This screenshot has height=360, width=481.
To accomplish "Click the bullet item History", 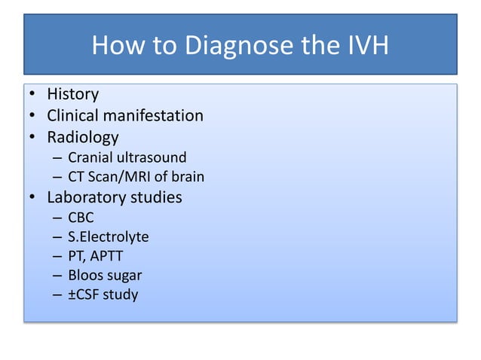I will click(x=72, y=95).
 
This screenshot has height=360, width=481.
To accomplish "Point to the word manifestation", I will click(x=157, y=116).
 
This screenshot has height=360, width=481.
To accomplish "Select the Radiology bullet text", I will click(x=82, y=138).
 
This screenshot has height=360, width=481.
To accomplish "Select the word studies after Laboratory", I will click(x=157, y=198).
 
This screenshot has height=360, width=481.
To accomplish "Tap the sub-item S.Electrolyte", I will click(x=108, y=237).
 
